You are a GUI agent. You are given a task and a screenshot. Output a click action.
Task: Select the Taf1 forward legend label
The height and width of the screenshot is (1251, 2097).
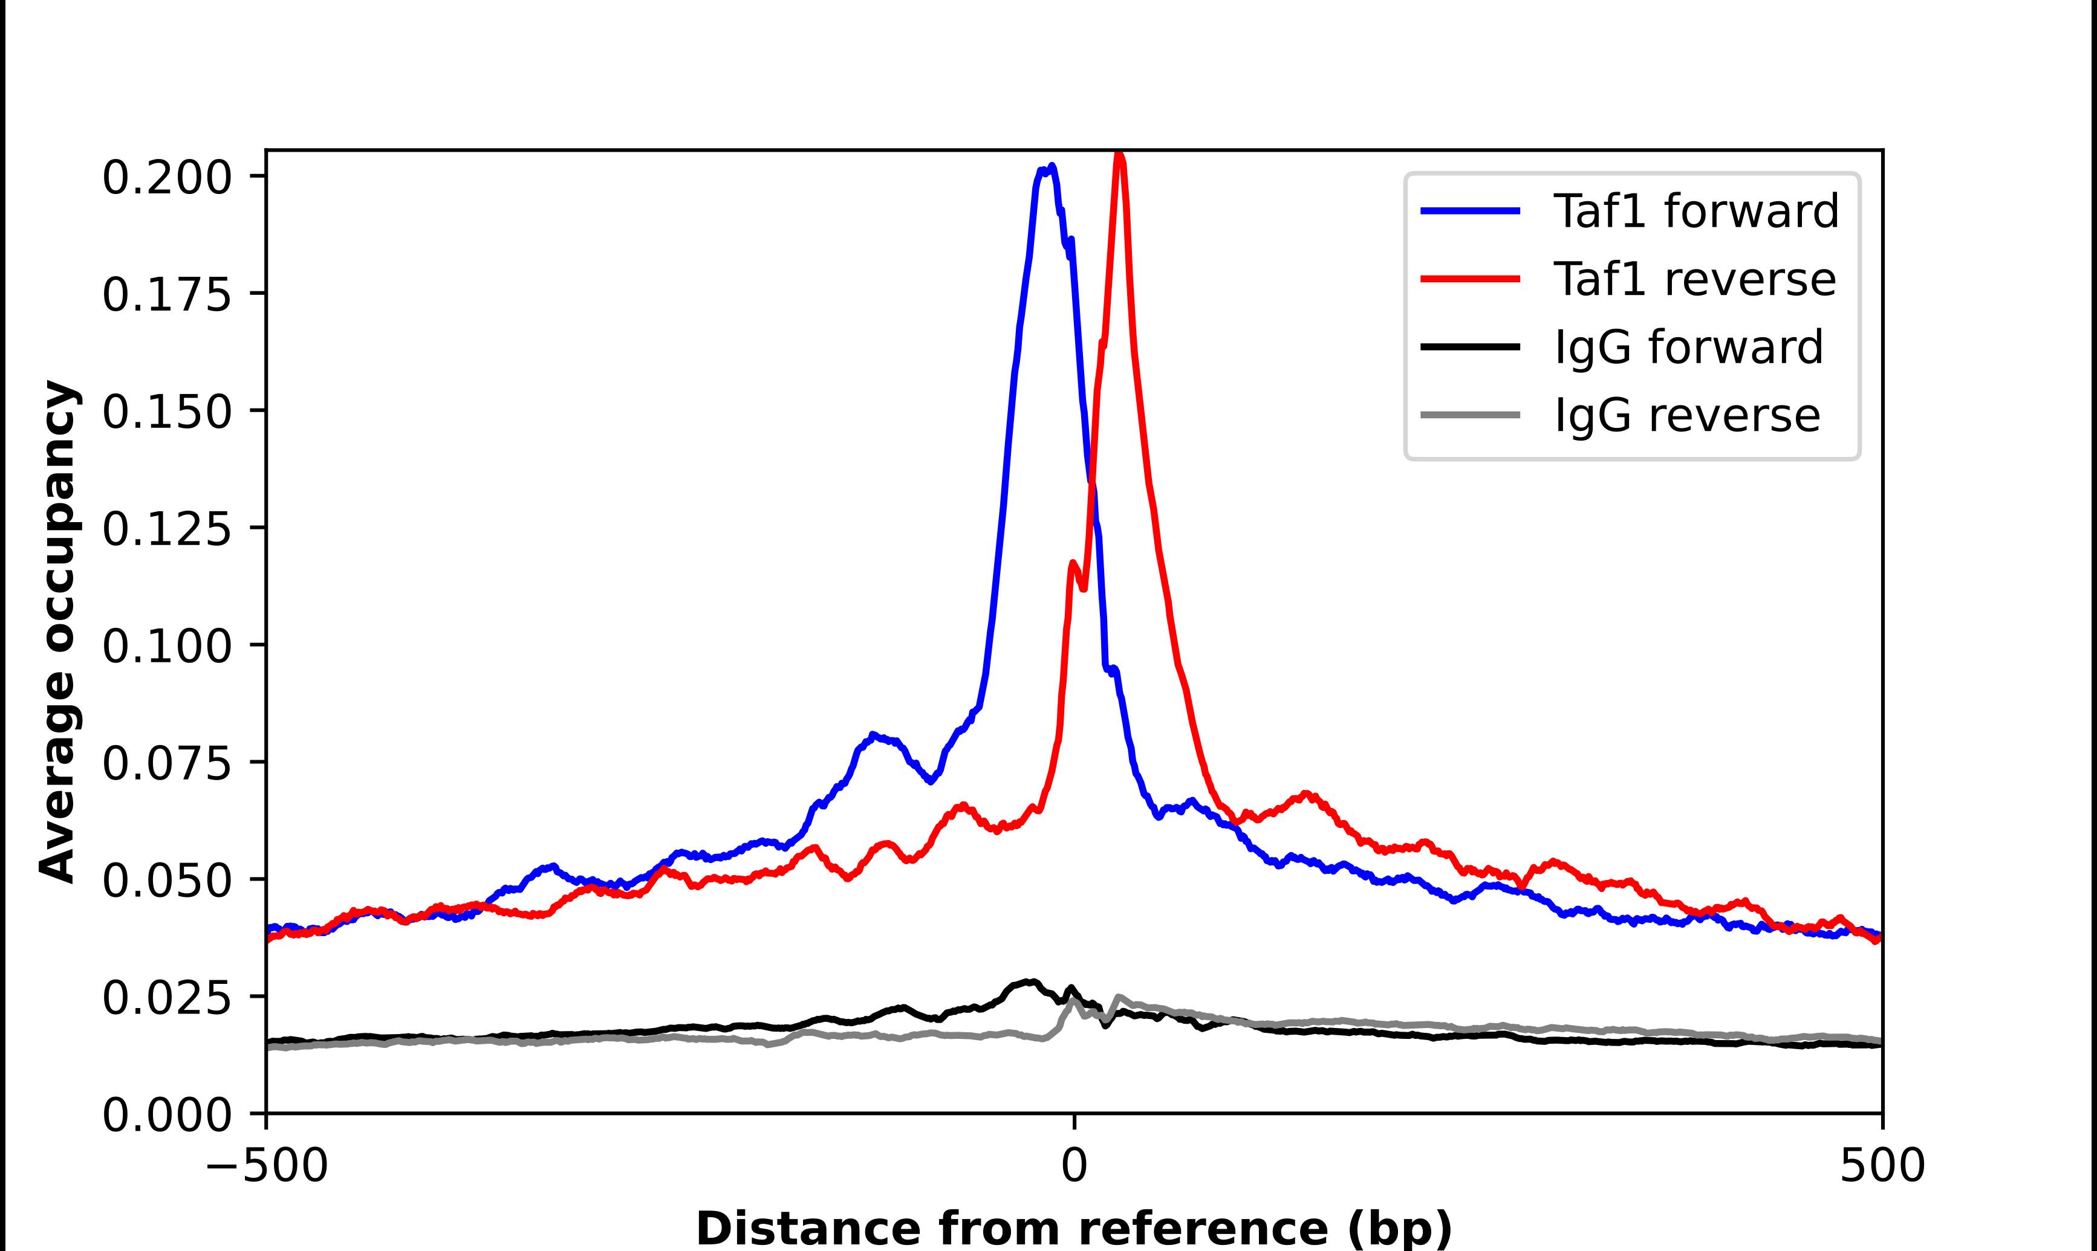(1695, 211)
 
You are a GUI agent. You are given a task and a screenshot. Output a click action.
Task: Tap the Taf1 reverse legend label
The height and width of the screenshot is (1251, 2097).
(1694, 279)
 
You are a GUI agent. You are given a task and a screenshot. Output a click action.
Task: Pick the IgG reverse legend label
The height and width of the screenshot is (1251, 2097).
(1686, 416)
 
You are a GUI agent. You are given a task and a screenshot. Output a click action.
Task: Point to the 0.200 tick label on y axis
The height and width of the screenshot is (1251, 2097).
(166, 178)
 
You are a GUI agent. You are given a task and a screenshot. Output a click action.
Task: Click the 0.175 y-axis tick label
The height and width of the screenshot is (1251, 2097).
(166, 295)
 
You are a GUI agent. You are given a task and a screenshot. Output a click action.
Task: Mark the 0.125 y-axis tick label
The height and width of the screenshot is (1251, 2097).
(166, 529)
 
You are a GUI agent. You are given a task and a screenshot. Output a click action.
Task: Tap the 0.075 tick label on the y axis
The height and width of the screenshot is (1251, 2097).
(166, 764)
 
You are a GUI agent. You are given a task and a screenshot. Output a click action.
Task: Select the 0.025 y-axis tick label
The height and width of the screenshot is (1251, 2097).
(166, 998)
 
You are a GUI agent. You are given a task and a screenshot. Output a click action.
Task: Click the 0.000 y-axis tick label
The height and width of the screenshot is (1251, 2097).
(166, 1115)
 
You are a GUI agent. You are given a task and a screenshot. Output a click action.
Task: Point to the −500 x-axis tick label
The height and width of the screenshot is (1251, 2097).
(267, 1167)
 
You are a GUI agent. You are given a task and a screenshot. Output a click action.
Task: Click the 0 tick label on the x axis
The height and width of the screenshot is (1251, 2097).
(1073, 1167)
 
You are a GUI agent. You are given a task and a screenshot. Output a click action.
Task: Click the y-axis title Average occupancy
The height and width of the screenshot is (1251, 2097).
(59, 632)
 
